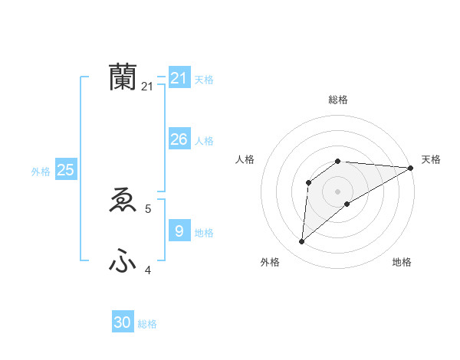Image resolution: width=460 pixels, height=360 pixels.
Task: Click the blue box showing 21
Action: click(179, 77)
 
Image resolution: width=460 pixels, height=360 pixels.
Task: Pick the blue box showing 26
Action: click(179, 139)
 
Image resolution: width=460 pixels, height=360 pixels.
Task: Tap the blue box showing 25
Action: click(66, 170)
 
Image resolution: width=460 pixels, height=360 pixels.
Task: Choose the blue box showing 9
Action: click(179, 231)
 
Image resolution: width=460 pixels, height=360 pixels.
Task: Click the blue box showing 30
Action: click(123, 322)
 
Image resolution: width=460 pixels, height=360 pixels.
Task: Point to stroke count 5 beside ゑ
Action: click(148, 208)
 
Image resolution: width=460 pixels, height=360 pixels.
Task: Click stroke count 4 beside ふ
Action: click(148, 270)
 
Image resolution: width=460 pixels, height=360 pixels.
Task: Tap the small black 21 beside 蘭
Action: click(147, 87)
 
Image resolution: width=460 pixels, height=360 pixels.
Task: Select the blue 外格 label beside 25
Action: click(41, 172)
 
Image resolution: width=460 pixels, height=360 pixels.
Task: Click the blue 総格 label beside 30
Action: click(147, 324)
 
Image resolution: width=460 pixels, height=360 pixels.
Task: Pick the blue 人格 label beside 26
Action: click(204, 141)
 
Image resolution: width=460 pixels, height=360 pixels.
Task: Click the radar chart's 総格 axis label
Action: click(338, 100)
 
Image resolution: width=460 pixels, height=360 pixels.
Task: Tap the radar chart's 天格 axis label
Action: click(431, 159)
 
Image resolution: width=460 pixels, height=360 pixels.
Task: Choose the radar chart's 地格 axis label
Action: click(402, 262)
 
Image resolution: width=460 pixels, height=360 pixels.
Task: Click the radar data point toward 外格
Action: click(302, 242)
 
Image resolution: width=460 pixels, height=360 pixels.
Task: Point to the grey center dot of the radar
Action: click(337, 191)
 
